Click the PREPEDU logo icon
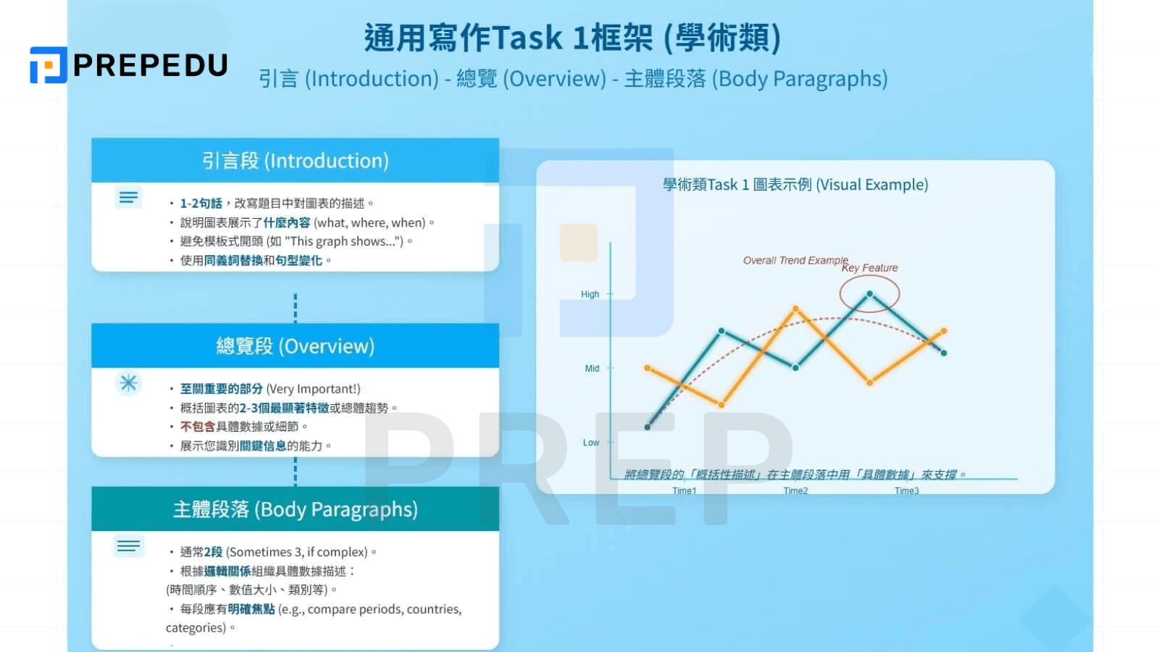coord(48,65)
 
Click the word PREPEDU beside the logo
coord(151,66)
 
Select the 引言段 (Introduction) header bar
coord(295,161)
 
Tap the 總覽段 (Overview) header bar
coord(295,346)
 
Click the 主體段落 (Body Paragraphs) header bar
coord(295,509)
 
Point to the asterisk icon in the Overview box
coord(129,383)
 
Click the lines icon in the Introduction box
coord(129,197)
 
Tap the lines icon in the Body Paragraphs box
coord(129,546)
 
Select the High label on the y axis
coord(590,294)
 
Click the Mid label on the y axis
coord(592,369)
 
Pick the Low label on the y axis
coord(591,443)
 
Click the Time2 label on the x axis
coord(795,491)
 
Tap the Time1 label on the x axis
coord(684,491)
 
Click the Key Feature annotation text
coord(869,268)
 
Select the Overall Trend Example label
coord(795,260)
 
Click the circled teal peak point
coord(869,293)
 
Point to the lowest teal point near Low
coord(648,427)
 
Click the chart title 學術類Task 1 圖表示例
coord(795,185)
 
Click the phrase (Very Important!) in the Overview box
coord(313,389)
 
